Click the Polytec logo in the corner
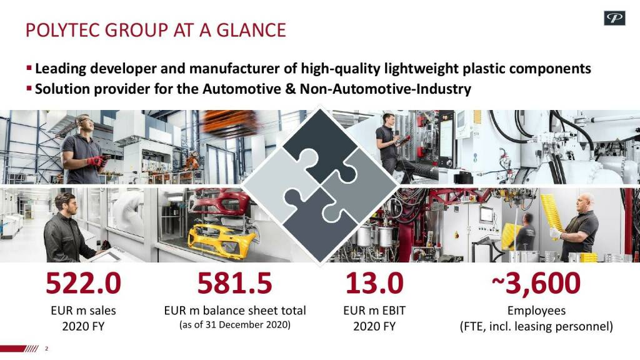click(x=614, y=18)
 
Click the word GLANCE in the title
click(x=251, y=30)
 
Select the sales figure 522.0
click(x=83, y=283)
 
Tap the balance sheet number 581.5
click(x=235, y=283)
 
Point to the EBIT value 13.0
click(x=374, y=283)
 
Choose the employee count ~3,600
click(x=536, y=283)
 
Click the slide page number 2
click(x=46, y=349)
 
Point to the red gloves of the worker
click(x=97, y=161)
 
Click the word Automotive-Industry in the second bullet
click(x=386, y=89)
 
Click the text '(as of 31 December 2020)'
click(x=235, y=325)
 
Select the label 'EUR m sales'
click(x=83, y=311)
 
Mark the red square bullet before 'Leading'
click(x=29, y=67)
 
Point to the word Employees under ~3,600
click(x=536, y=311)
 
